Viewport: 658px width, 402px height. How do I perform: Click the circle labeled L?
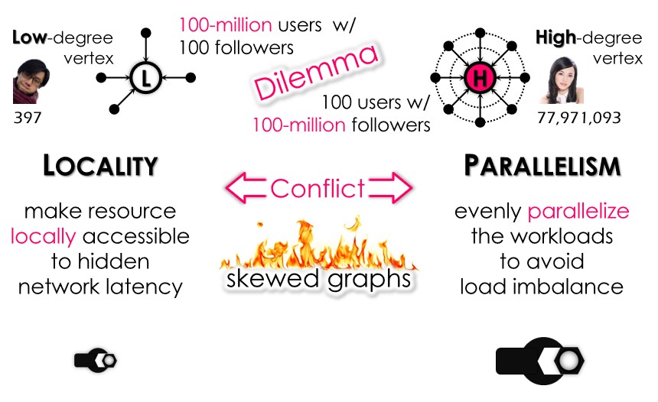click(145, 77)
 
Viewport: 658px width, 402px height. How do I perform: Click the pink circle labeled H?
click(480, 76)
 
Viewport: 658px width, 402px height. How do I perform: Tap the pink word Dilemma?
click(316, 73)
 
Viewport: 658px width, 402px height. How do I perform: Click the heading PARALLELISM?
click(542, 166)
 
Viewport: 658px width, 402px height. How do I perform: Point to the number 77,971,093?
click(578, 118)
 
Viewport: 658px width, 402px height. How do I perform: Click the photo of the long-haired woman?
click(555, 79)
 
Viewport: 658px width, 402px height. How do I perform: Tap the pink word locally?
click(44, 236)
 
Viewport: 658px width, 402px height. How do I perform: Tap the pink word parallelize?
click(578, 211)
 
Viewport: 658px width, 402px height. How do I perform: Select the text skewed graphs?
click(318, 279)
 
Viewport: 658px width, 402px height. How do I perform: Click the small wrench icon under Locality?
click(96, 359)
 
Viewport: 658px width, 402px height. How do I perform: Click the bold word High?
click(555, 37)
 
